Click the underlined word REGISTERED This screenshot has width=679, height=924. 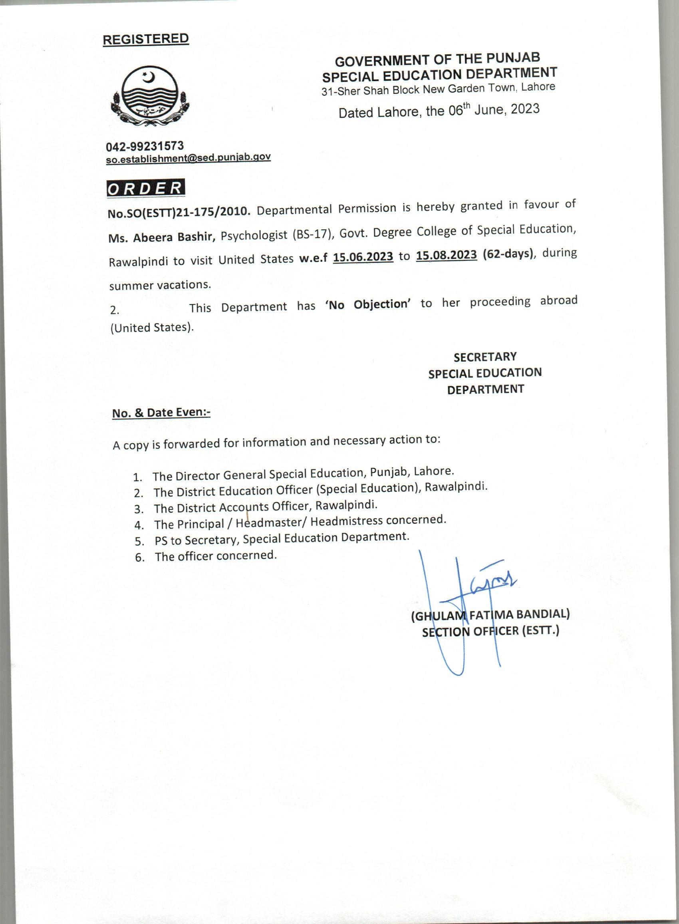point(145,39)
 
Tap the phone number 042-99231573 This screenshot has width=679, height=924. point(145,146)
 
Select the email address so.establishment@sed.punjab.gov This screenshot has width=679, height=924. point(188,158)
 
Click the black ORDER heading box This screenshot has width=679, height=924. point(145,188)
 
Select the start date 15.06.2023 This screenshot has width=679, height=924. point(363,257)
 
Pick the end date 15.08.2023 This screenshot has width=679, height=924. point(447,255)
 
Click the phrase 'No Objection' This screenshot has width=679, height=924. point(368,304)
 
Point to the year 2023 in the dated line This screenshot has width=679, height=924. point(525,109)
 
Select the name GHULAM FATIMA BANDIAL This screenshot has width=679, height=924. point(490,615)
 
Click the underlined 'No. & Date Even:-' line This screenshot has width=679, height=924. point(161,413)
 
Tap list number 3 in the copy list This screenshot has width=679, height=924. point(139,509)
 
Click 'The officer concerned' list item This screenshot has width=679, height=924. point(216,556)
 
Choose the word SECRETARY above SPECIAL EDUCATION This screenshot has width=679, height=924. point(485,357)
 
